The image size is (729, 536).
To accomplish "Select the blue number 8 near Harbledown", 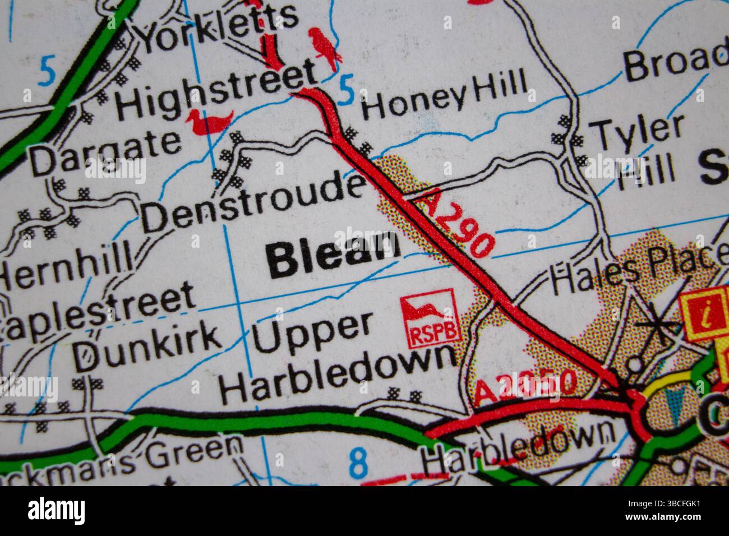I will click(358, 463).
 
